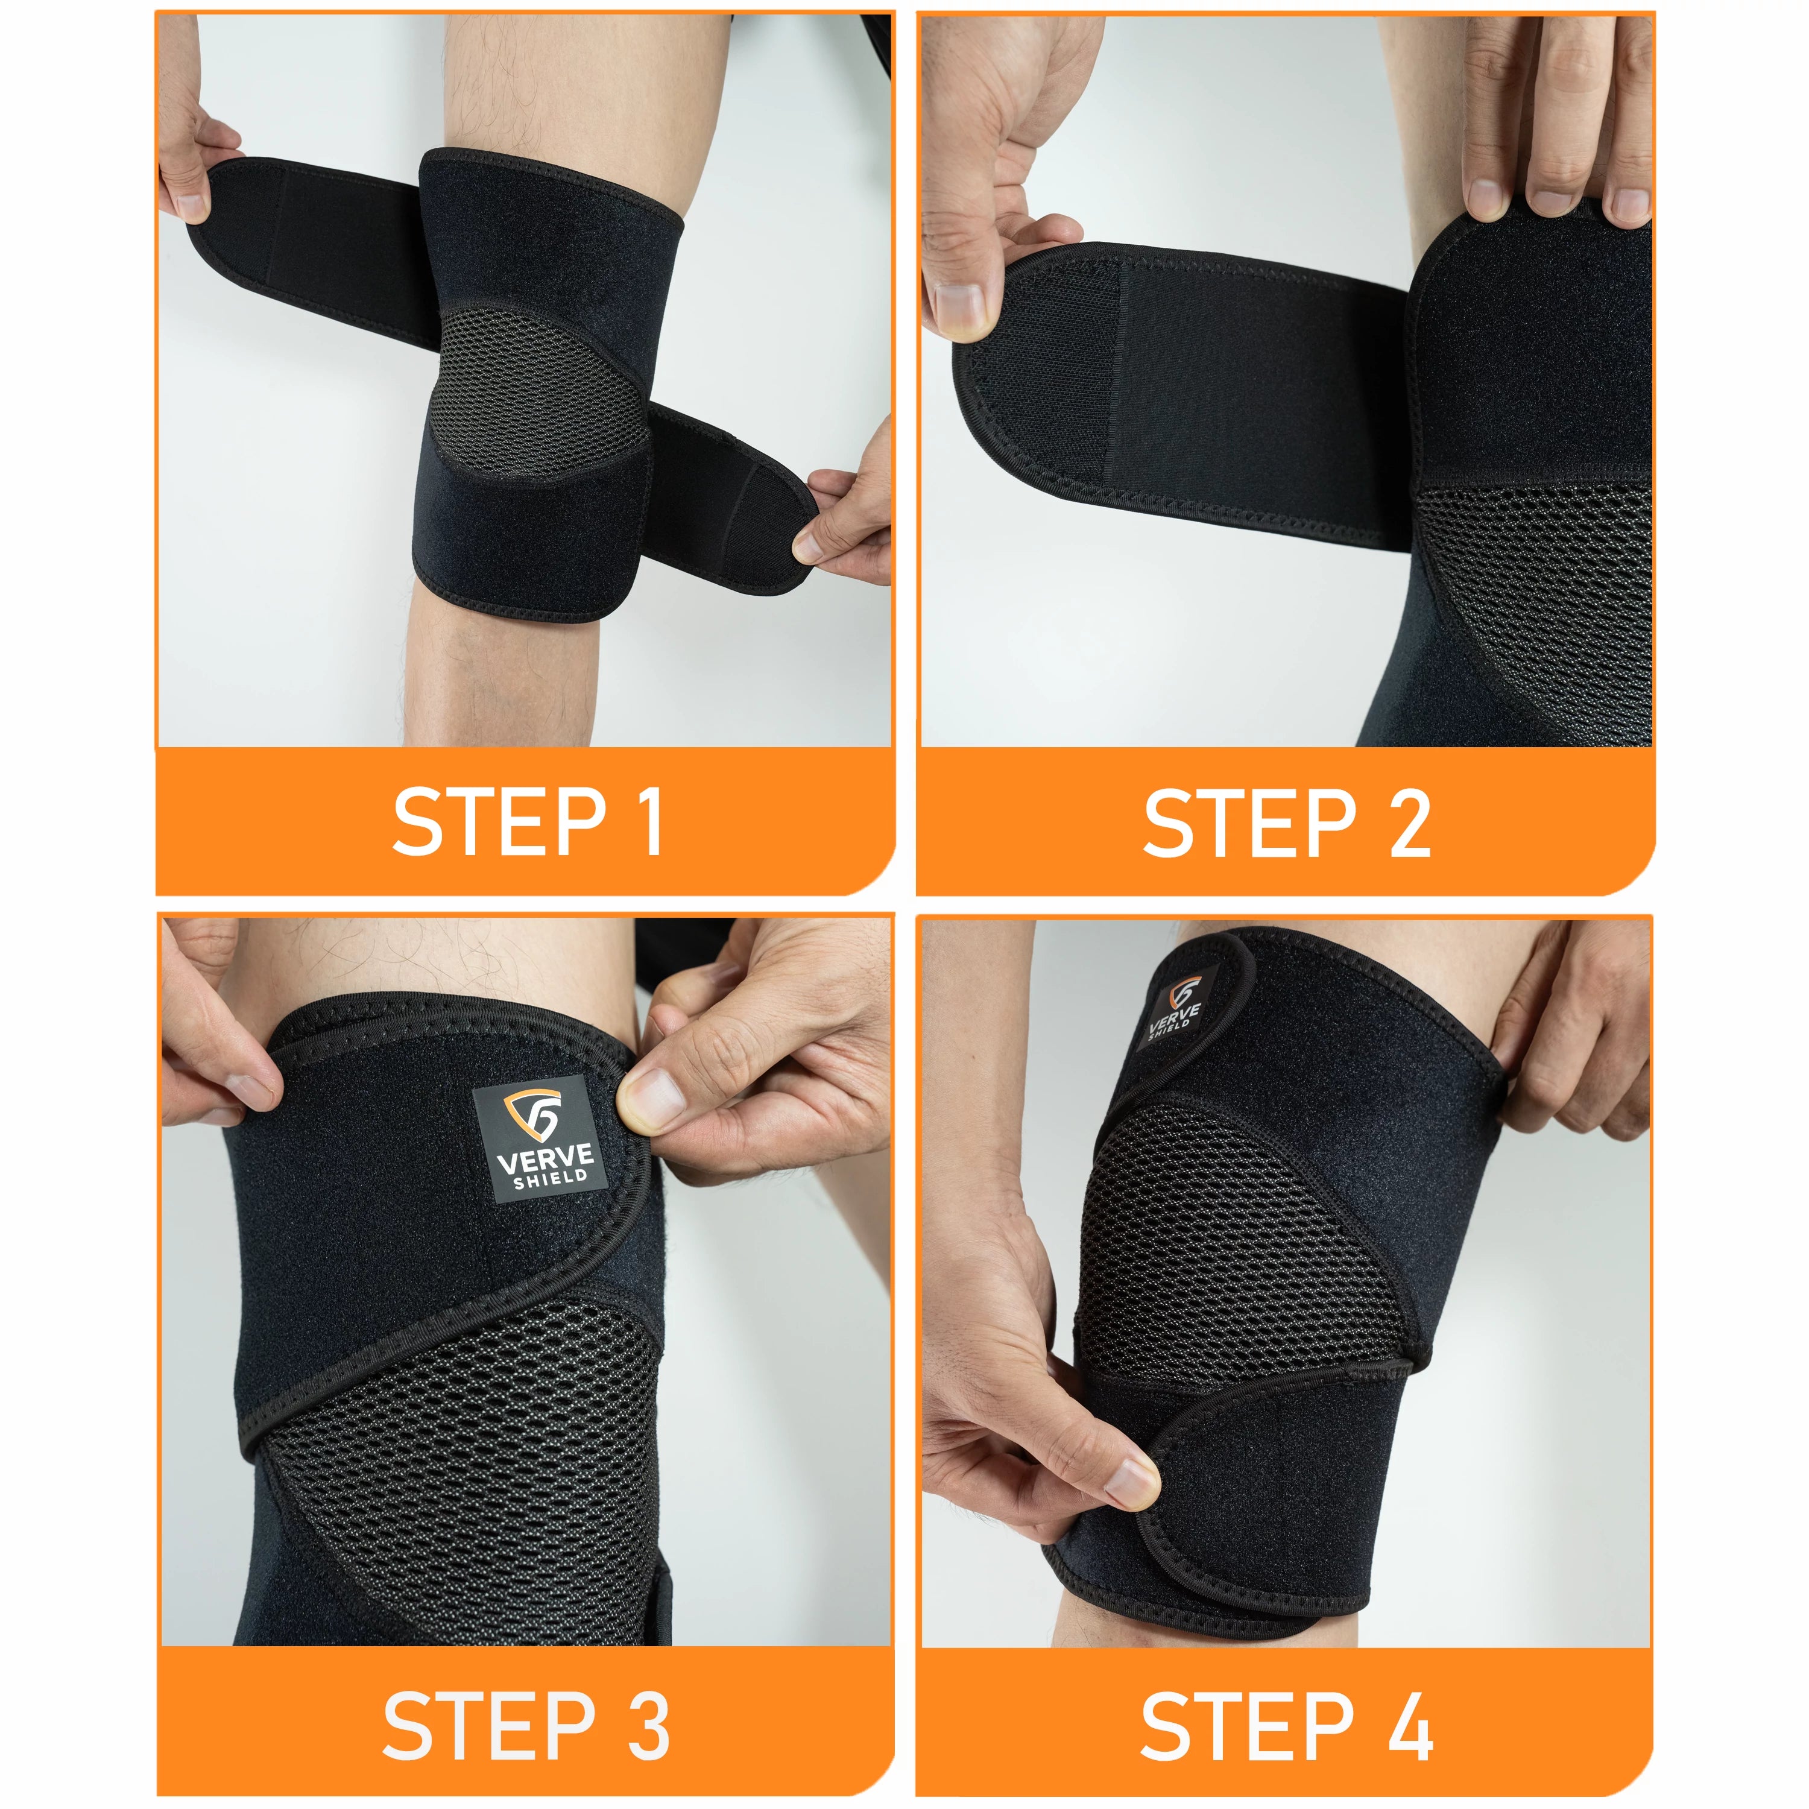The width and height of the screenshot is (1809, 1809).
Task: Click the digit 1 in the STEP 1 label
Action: (648, 821)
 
